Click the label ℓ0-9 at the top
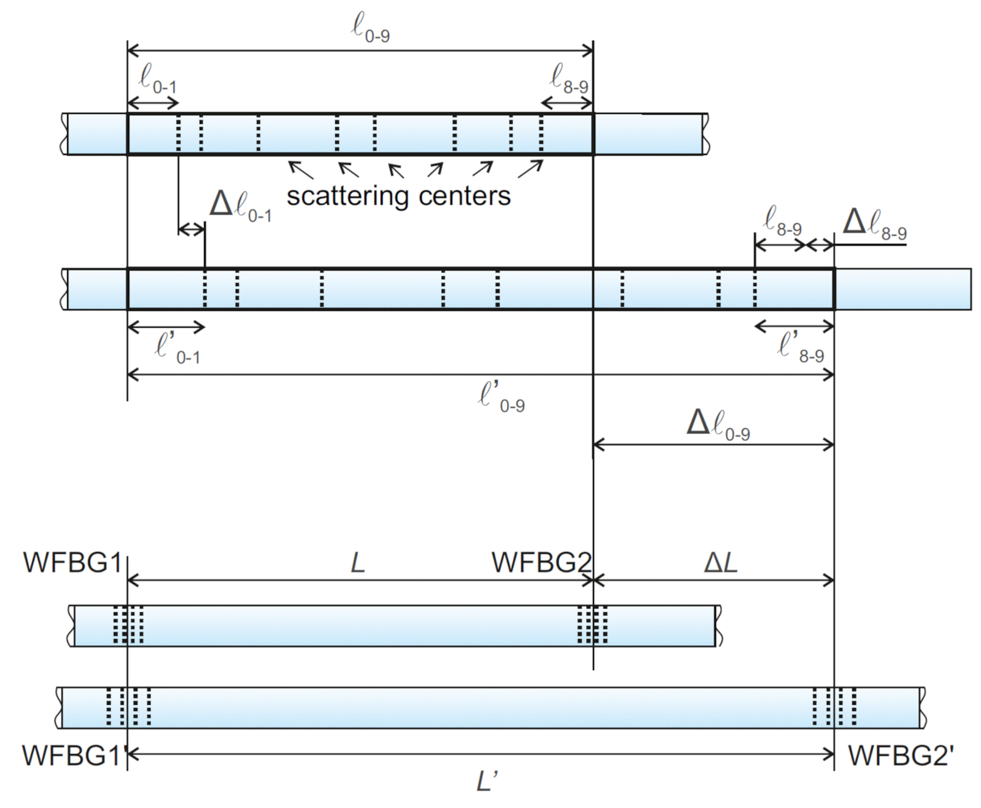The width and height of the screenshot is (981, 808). tap(370, 28)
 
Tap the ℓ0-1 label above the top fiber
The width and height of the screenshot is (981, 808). tap(157, 80)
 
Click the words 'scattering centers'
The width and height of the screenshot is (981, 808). tap(398, 196)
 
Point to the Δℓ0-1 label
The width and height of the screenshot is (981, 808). tap(240, 206)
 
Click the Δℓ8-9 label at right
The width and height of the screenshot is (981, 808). tap(874, 224)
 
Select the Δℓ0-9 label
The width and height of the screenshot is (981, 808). tap(718, 424)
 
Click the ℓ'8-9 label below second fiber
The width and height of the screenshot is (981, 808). tap(801, 347)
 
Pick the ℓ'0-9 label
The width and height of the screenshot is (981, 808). tap(501, 396)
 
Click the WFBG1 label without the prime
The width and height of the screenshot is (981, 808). tap(72, 562)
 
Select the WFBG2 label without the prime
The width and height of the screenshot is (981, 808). tap(540, 562)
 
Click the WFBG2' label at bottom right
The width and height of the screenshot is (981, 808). tap(901, 756)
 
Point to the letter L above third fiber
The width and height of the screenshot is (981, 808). tap(358, 563)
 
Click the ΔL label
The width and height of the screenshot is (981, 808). tap(720, 563)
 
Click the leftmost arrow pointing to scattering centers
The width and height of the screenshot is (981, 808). tap(300, 170)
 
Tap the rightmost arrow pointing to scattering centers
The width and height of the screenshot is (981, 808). tap(530, 170)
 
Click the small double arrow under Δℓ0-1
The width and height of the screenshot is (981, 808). tap(191, 230)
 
